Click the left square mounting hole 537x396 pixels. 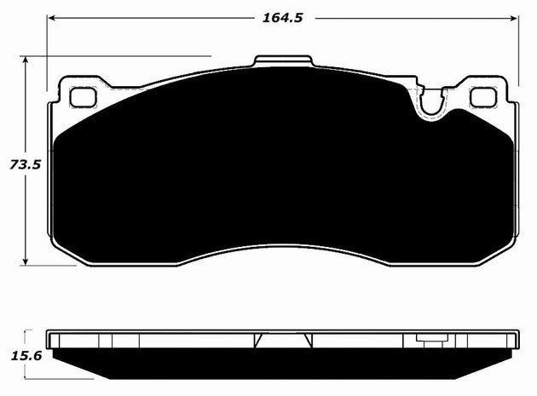coord(82,98)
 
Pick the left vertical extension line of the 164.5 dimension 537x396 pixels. coord(47,51)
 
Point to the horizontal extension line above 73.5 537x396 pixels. coord(119,57)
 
